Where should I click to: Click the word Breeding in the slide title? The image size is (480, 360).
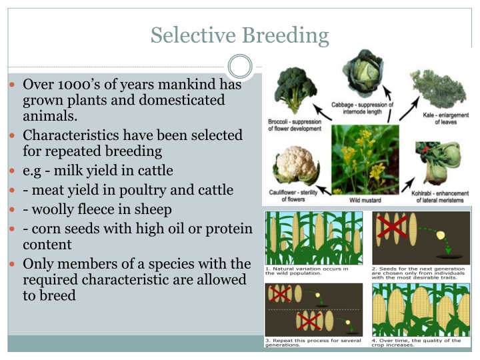coord(285,35)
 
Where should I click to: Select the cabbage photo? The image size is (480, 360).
coord(363,73)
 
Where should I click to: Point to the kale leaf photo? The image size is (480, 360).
coord(439,89)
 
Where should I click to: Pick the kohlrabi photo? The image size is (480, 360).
coord(439,163)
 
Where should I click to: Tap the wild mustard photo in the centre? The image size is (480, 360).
coord(365,159)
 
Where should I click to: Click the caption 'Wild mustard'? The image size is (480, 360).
coord(365,200)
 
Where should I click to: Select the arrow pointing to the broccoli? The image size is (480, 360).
coord(322,112)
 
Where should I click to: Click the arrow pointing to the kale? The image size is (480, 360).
coord(409,109)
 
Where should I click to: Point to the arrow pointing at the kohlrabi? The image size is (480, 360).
coord(409,184)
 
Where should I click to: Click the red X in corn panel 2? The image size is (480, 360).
coord(392,227)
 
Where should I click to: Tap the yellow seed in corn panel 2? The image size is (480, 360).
coord(440,235)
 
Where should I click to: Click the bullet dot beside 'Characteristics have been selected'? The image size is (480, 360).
coord(12,135)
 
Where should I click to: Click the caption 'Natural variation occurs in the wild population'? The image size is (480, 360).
coord(307,271)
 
